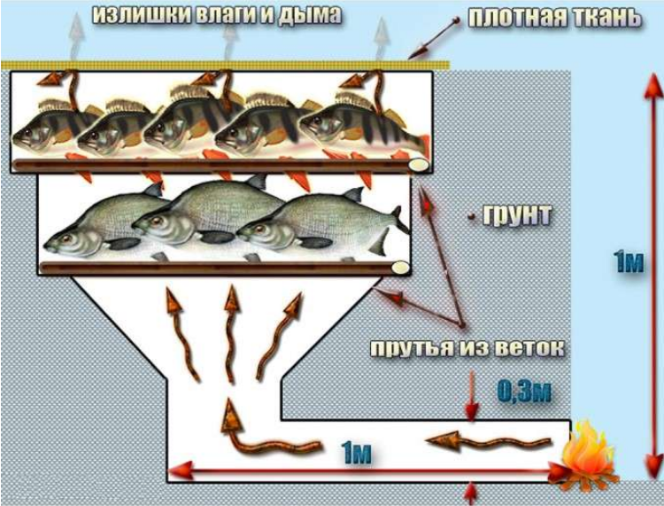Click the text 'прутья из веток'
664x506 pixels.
tap(466, 348)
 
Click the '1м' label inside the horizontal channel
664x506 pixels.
tap(355, 455)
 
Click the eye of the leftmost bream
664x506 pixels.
tap(67, 237)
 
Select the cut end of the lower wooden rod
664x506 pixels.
tap(400, 268)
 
